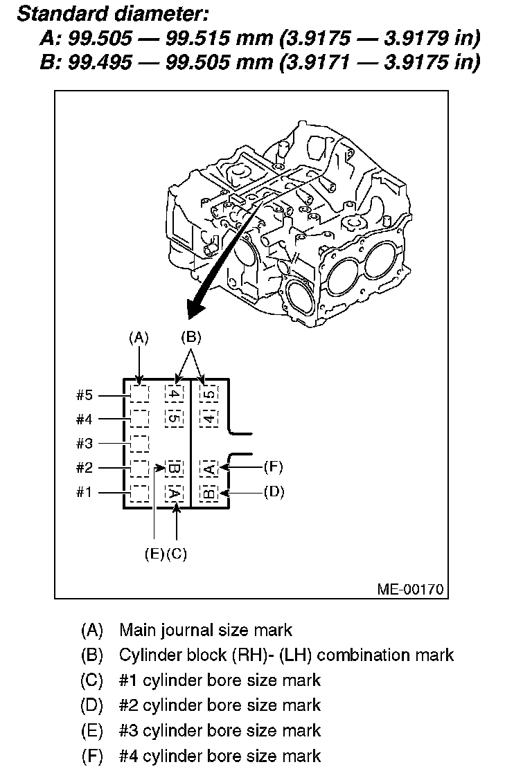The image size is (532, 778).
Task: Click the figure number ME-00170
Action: [x=410, y=589]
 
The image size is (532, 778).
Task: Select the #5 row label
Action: [x=84, y=395]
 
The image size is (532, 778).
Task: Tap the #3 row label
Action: [x=84, y=443]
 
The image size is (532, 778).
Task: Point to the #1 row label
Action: [x=84, y=492]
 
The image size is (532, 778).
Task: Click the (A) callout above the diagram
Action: [x=139, y=338]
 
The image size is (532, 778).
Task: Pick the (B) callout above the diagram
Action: [x=190, y=338]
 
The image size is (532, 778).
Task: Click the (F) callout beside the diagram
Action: [x=274, y=467]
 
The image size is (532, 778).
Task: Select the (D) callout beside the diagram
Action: [x=274, y=492]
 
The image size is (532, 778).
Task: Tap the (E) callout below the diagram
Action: [x=154, y=554]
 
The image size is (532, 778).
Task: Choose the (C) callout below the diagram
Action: [x=177, y=554]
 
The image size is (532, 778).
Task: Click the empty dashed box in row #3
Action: [x=140, y=443]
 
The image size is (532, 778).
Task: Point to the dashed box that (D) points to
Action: [x=209, y=493]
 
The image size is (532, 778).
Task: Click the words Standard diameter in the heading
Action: [x=112, y=13]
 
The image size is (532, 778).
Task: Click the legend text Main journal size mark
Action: [x=206, y=630]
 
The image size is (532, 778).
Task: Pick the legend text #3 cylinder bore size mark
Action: [x=220, y=730]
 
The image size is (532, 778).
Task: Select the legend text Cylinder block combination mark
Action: [x=286, y=655]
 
